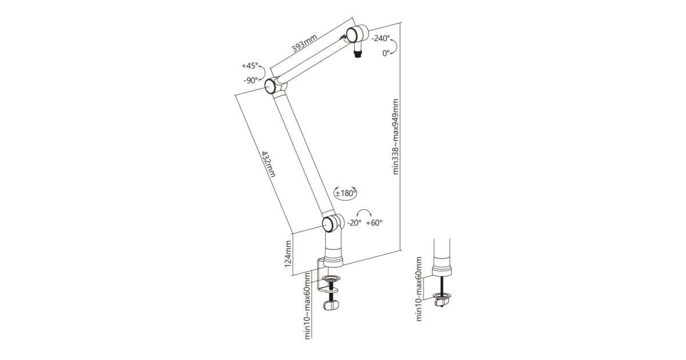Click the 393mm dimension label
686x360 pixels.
click(304, 43)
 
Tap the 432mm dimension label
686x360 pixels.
click(268, 164)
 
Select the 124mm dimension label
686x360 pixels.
click(288, 254)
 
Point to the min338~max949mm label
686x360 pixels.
click(396, 137)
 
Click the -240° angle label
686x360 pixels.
click(380, 39)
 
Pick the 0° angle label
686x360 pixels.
click(386, 53)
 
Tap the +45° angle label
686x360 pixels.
click(250, 66)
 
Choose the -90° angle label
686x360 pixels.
click(250, 81)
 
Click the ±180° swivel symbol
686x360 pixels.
click(345, 193)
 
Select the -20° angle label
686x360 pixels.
click(354, 223)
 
